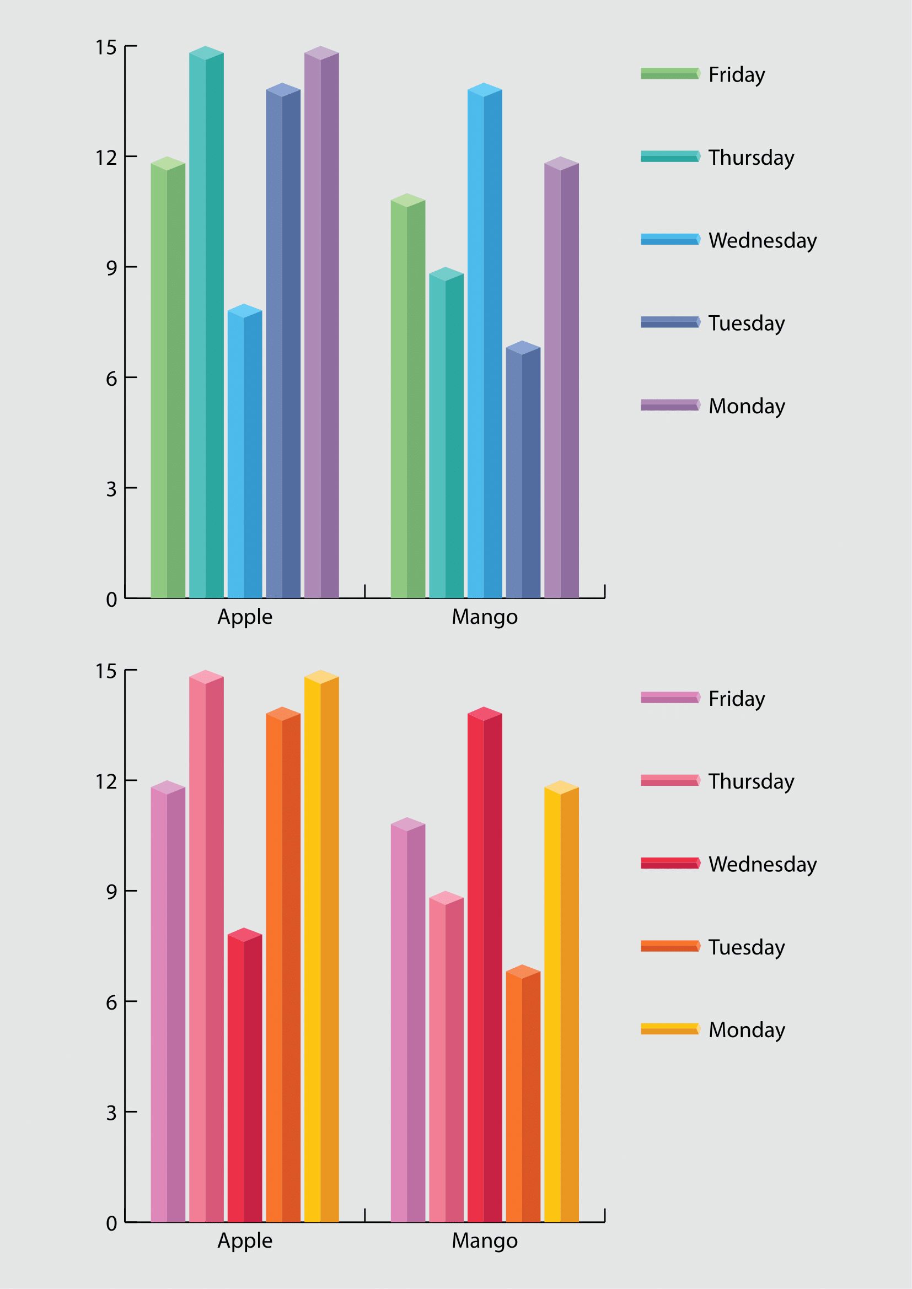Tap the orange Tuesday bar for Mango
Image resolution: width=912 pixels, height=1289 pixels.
[523, 1095]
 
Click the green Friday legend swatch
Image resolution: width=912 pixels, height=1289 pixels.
[670, 73]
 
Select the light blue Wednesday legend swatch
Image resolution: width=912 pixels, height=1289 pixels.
[670, 239]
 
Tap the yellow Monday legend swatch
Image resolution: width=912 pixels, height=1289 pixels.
[670, 1029]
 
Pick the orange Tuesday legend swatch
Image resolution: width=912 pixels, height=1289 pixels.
[670, 946]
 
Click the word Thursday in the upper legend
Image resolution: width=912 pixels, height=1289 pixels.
[751, 158]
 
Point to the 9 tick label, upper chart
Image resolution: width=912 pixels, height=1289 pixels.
[111, 268]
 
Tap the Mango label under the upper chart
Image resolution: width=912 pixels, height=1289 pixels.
[485, 617]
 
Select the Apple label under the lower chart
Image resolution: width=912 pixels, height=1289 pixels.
[245, 1241]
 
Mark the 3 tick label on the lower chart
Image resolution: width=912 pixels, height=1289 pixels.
[111, 1113]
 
